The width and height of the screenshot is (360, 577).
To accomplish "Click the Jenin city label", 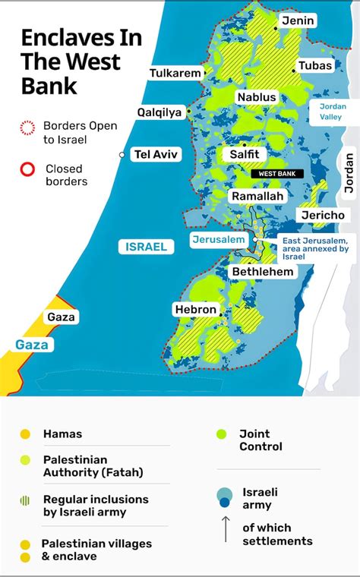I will point(298,20).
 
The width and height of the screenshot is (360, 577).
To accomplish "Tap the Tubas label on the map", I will point(315,66).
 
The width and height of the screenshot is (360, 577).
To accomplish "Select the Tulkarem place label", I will point(175,74).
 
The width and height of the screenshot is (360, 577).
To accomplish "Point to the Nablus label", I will point(257,97).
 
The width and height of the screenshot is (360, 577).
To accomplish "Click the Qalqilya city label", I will point(159,112).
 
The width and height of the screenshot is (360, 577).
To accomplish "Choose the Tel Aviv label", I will point(156,154).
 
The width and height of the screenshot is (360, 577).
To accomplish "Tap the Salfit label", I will point(245,154).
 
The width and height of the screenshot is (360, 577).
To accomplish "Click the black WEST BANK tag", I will point(276,174).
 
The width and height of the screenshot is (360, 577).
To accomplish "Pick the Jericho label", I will point(323,215).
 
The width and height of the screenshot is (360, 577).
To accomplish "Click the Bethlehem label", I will point(263,271).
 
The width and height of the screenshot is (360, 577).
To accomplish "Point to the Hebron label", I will point(196,310).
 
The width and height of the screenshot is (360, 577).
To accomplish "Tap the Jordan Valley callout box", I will point(333,112).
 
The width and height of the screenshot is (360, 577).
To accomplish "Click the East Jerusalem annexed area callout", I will point(315,248).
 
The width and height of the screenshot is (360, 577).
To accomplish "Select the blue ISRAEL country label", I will point(147,247).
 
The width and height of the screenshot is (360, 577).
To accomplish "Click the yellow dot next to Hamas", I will point(25,434).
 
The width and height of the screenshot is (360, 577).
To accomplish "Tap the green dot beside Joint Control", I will point(221,434).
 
